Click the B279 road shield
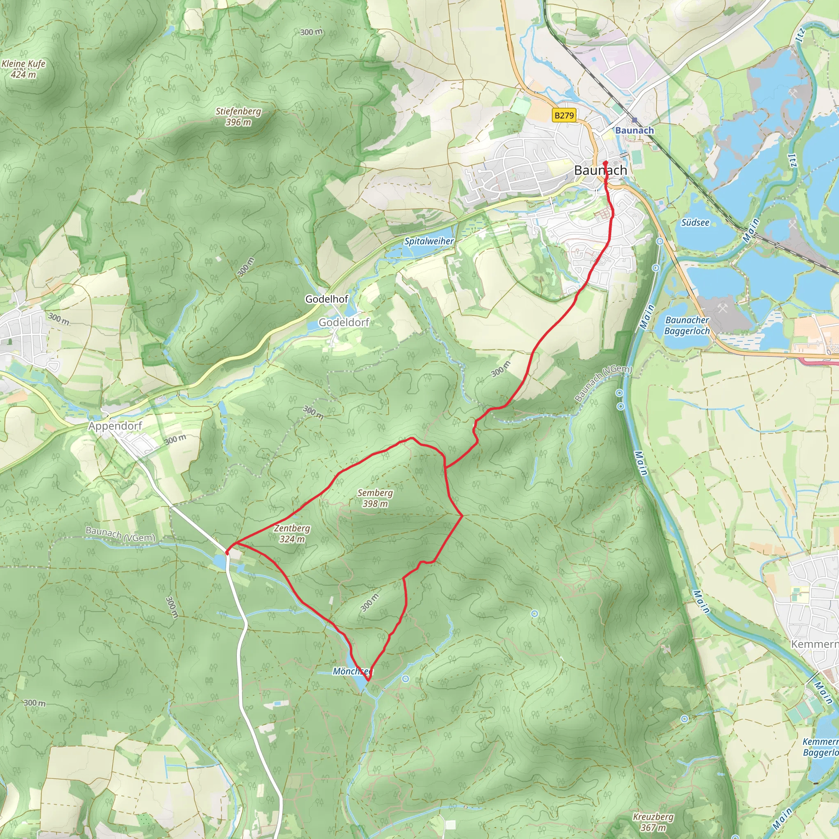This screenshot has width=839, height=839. tap(564, 115)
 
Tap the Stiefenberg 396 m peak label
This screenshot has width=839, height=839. tap(238, 116)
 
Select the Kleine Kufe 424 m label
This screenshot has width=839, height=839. tap(23, 68)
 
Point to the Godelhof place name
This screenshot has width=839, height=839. tap(327, 299)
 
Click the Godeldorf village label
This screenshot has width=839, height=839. tap(343, 322)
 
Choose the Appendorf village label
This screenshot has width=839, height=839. tap(115, 426)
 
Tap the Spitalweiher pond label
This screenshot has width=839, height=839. tap(429, 241)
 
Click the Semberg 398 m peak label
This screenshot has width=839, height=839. tap(375, 498)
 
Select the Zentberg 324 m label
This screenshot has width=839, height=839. tap(292, 534)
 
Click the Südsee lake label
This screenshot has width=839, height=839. tap(695, 223)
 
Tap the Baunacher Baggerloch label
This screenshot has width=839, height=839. tap(687, 325)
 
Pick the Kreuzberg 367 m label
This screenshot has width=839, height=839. tap(653, 822)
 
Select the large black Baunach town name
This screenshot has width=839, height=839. tap(601, 170)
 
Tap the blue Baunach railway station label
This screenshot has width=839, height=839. tap(635, 130)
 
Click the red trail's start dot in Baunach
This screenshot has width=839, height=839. tap(605, 163)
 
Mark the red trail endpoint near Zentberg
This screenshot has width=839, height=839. tap(227, 552)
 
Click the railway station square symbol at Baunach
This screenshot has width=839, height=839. tap(635, 120)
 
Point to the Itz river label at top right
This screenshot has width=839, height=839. tap(800, 35)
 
